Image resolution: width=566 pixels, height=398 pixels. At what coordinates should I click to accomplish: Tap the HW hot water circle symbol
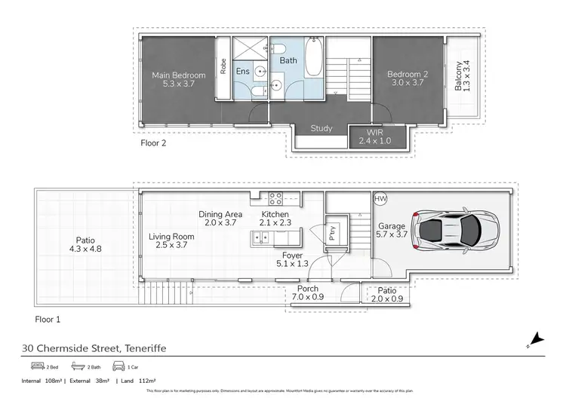(x=380, y=199)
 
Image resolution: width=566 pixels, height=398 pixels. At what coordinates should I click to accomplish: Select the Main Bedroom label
(x=178, y=79)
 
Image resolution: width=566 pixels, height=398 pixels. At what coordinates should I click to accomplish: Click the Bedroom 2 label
(x=407, y=78)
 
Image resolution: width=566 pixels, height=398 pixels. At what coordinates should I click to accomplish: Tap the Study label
(x=321, y=128)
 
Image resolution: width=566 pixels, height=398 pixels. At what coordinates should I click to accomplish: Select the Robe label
(x=223, y=67)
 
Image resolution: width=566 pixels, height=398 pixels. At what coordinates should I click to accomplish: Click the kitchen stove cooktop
(x=275, y=199)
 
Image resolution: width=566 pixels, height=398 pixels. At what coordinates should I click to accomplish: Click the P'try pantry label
(x=332, y=232)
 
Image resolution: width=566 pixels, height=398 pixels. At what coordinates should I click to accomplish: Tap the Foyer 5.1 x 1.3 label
(x=291, y=260)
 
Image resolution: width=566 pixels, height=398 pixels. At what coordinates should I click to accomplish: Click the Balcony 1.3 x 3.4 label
(x=463, y=76)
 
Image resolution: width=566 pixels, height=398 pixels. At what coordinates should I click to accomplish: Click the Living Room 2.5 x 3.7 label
(x=171, y=241)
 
